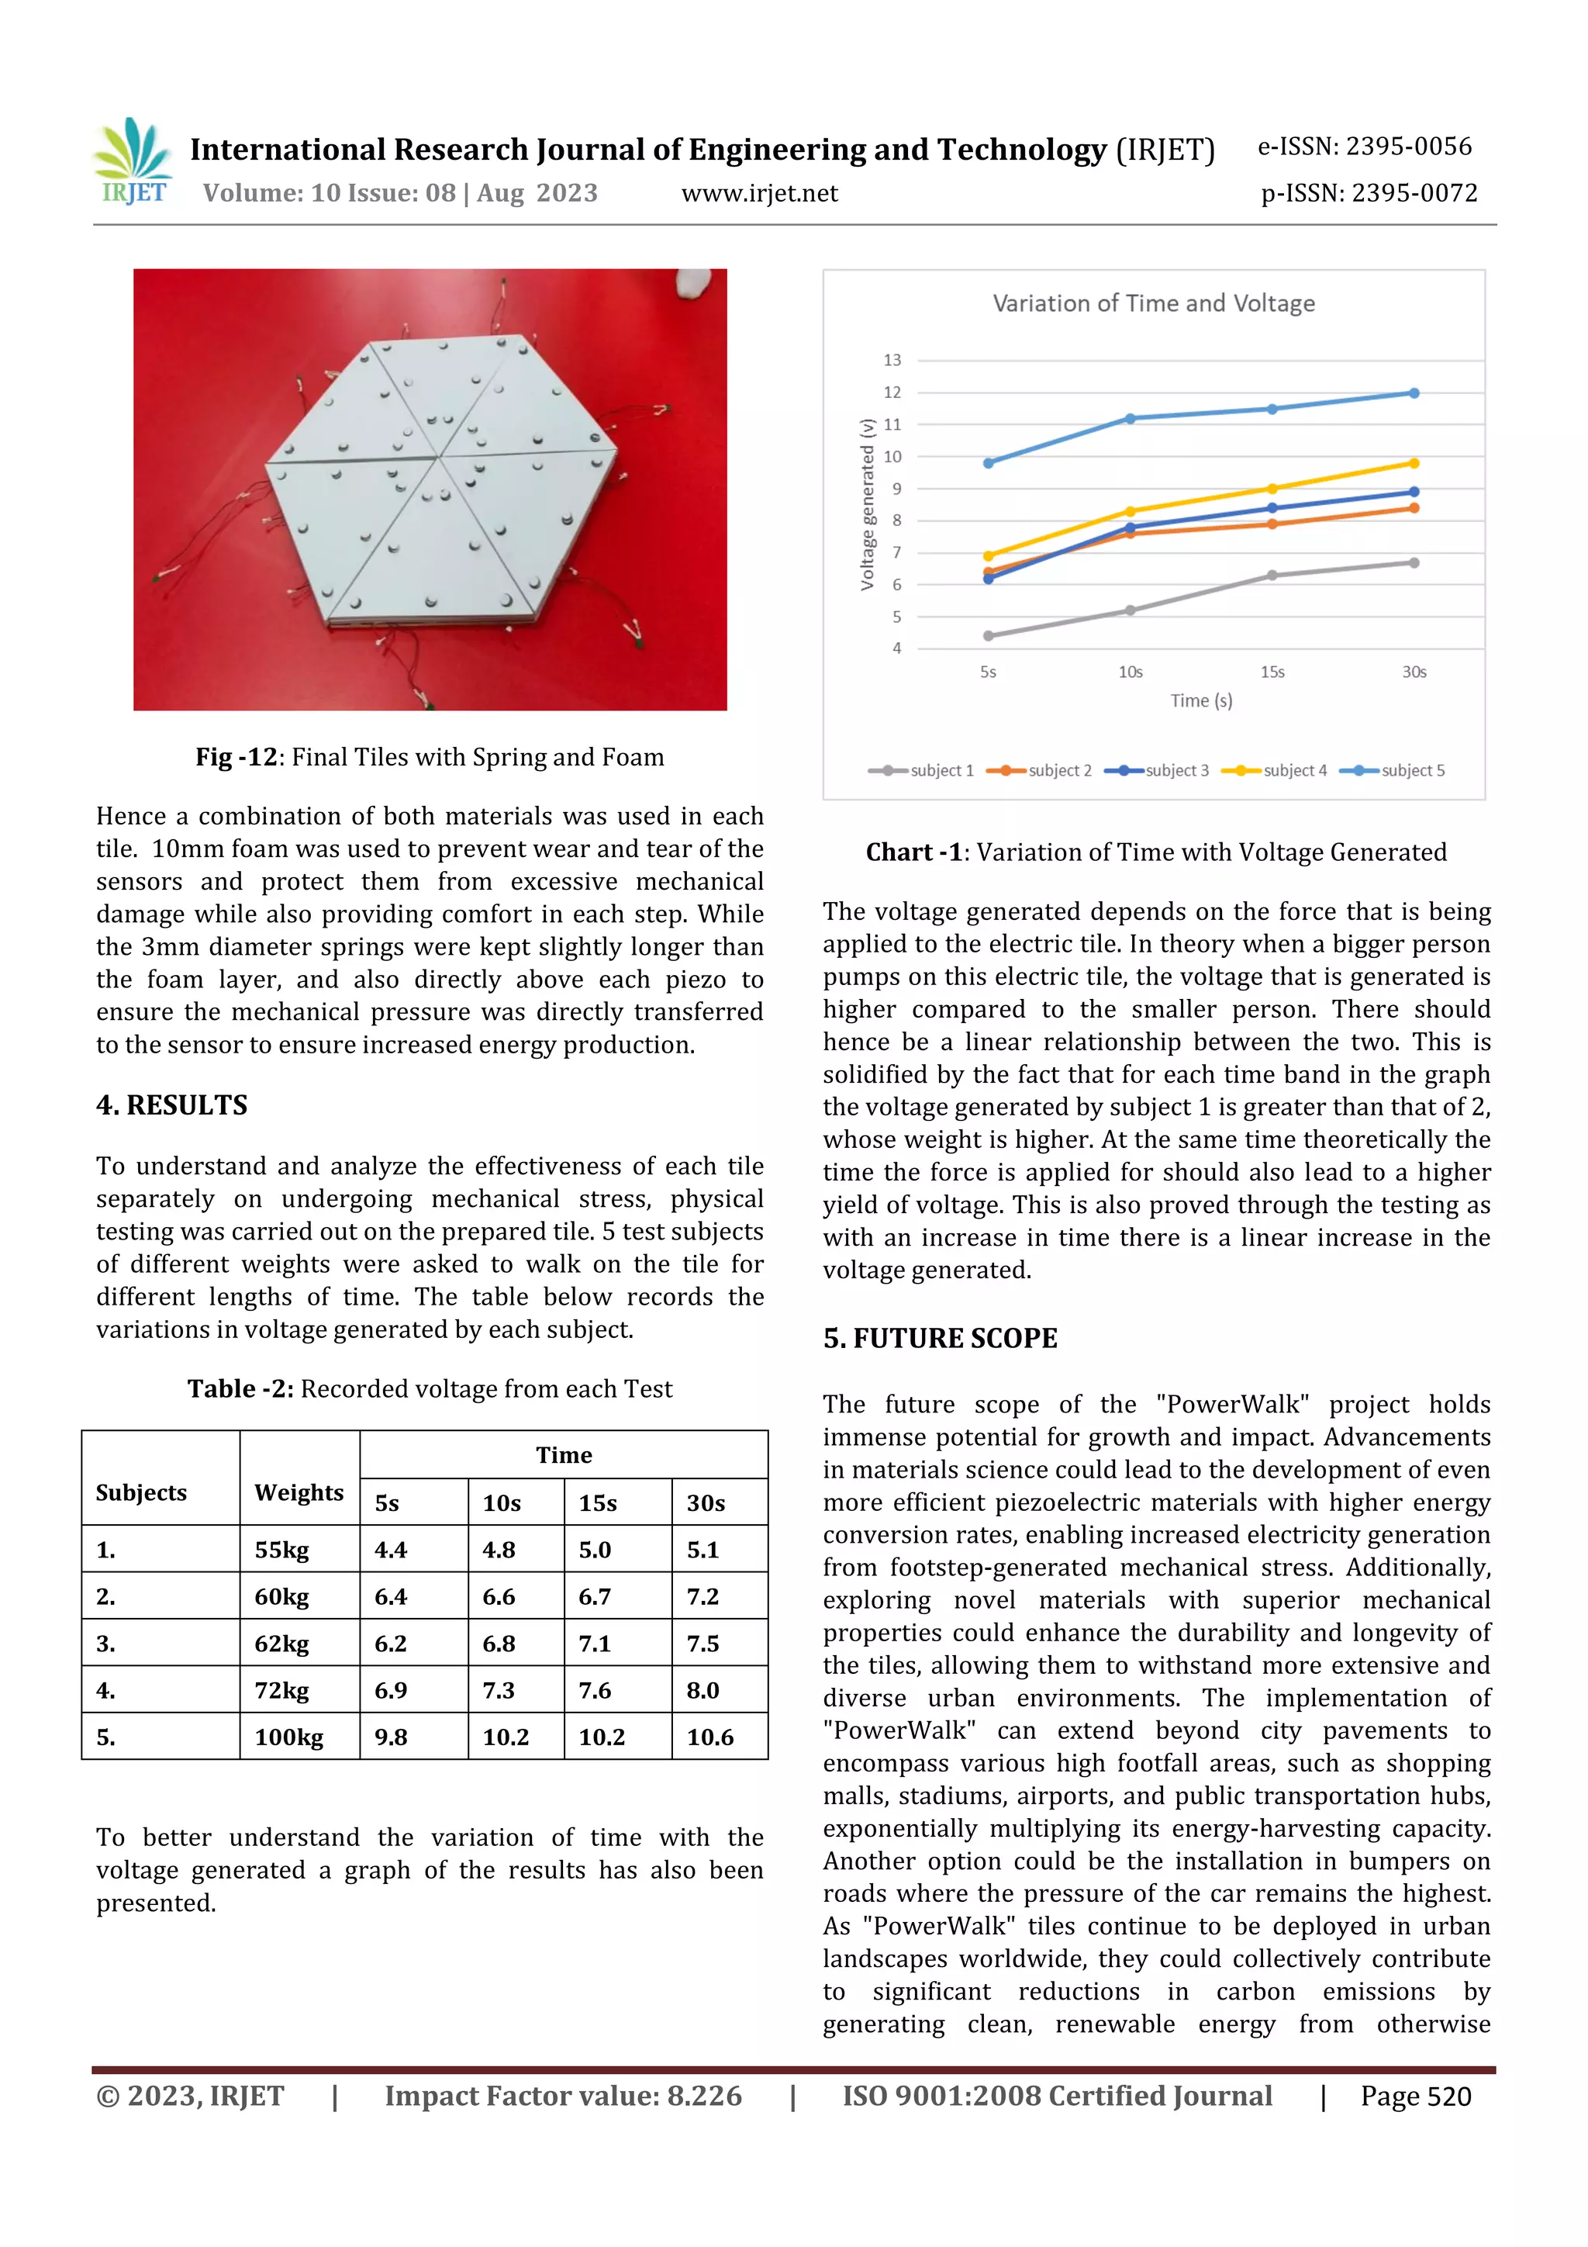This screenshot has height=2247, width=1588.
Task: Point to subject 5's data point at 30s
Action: pos(1413,393)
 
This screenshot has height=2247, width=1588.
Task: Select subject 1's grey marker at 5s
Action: pos(988,636)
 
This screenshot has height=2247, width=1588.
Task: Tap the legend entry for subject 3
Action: pos(1158,770)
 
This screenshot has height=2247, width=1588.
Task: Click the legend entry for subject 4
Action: pos(1275,770)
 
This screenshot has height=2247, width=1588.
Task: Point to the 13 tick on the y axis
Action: pos(892,360)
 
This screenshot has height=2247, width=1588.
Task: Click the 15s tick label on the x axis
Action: pos(1271,672)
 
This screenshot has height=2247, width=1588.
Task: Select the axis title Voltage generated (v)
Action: pos(867,505)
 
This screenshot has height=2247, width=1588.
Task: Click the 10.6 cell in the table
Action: pos(709,1737)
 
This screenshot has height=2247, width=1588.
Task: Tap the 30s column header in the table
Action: pos(705,1503)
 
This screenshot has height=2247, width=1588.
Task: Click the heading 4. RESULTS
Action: pos(171,1105)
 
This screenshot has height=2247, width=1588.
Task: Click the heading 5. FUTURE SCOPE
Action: pos(939,1338)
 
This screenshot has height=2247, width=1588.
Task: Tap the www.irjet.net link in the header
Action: pos(759,193)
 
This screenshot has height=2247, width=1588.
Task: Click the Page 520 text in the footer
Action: pos(1415,2097)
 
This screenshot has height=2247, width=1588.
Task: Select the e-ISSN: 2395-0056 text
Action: pos(1364,147)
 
